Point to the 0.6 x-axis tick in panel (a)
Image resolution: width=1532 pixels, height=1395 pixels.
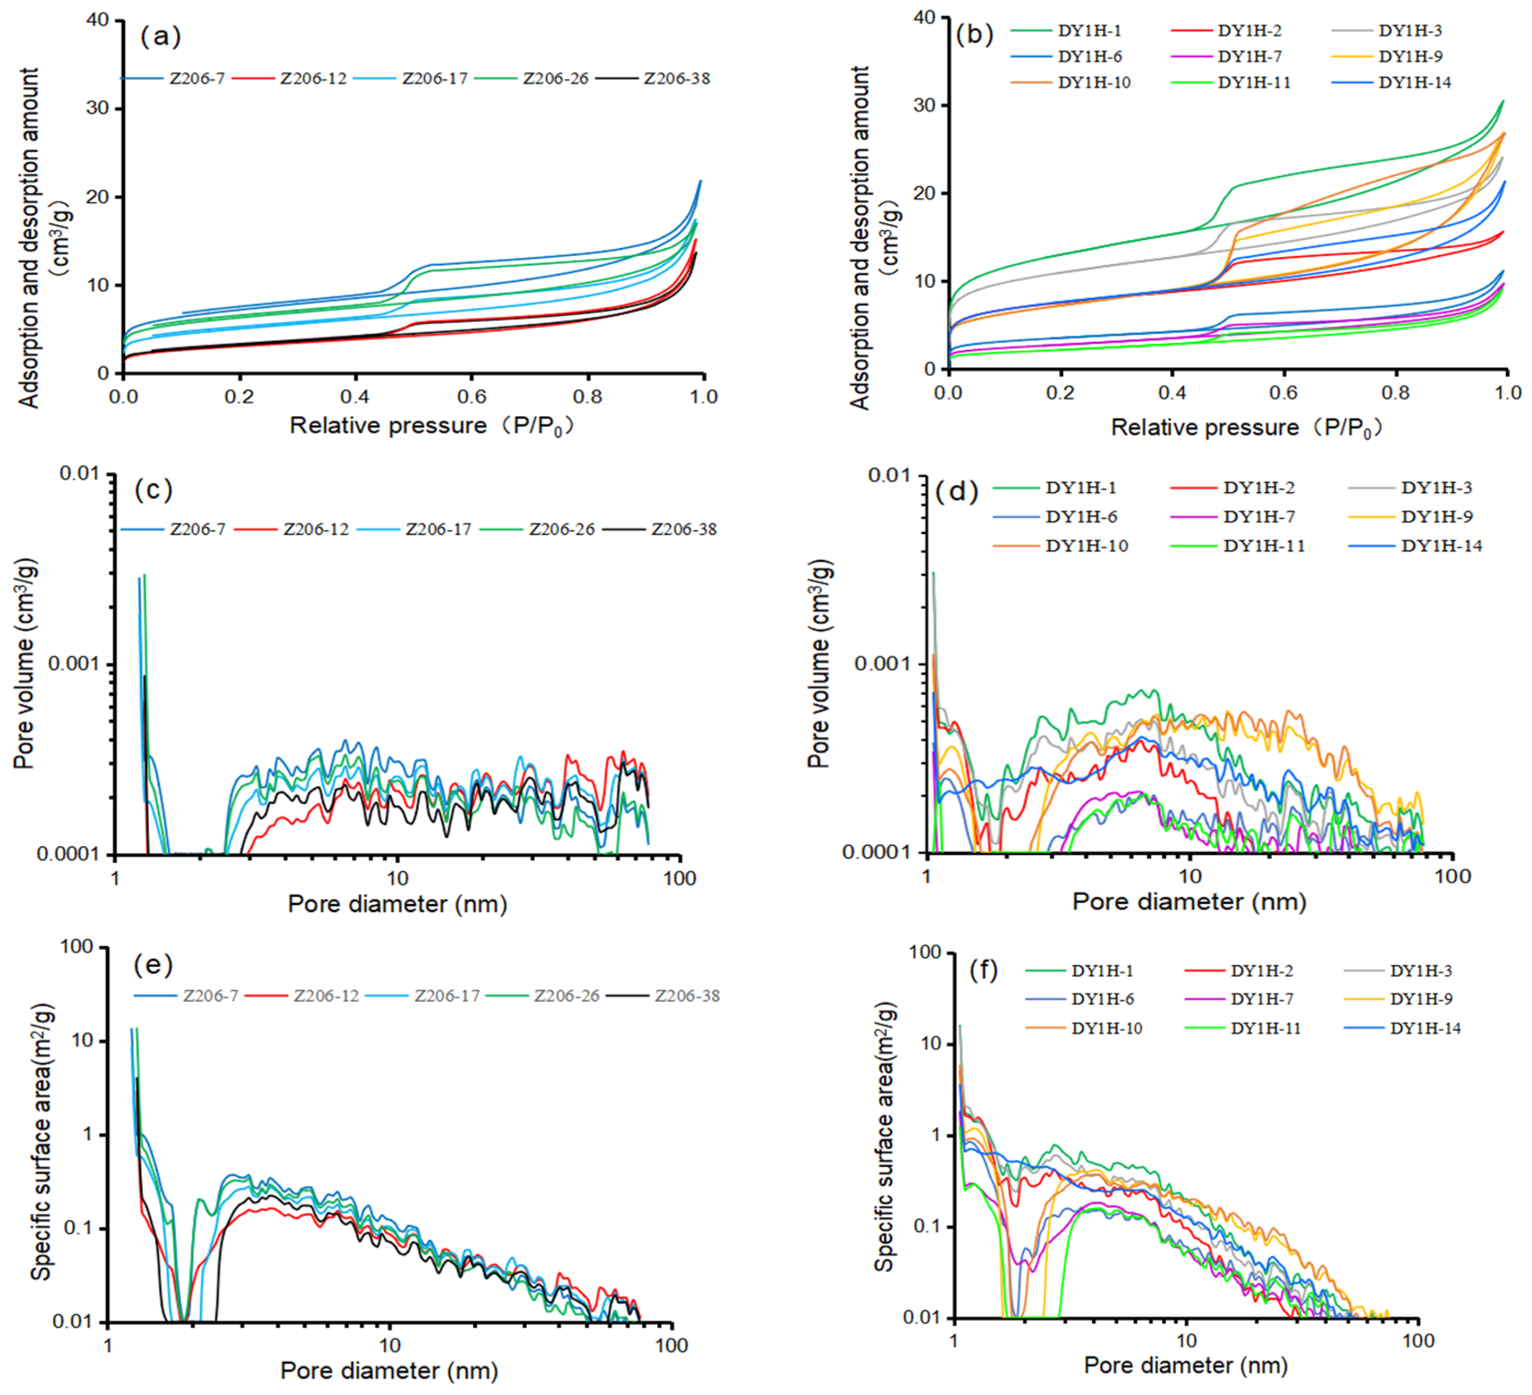click(471, 396)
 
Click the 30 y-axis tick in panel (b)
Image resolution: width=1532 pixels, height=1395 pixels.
click(924, 105)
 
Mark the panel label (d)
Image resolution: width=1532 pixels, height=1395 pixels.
click(957, 492)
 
